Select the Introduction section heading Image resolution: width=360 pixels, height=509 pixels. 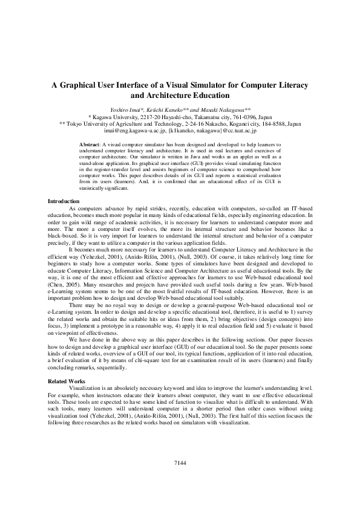(x=63, y=201)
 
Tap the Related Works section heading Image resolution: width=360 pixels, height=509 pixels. (x=65, y=381)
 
